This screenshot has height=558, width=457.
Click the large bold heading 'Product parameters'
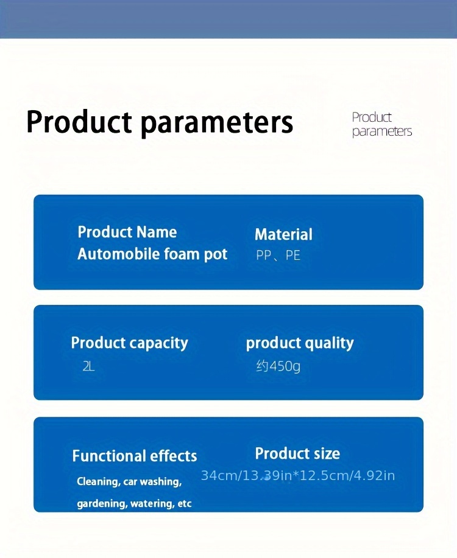160,123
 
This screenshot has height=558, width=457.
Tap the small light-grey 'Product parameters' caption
382,124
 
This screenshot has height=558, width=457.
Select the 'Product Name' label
127,232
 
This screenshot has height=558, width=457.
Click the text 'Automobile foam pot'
152,254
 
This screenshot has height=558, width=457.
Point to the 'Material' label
283,234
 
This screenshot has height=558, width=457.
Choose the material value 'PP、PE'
278,255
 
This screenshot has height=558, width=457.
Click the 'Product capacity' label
129,343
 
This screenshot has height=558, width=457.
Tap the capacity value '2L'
88,366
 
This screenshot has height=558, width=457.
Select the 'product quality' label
300,343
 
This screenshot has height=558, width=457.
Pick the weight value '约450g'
278,366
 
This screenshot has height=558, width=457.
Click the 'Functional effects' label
135,456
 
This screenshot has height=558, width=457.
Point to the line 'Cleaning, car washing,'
129,481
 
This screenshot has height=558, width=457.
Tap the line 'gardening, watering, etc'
135,504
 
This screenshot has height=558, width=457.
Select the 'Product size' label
297,454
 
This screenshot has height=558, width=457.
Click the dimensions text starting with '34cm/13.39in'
297,475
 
